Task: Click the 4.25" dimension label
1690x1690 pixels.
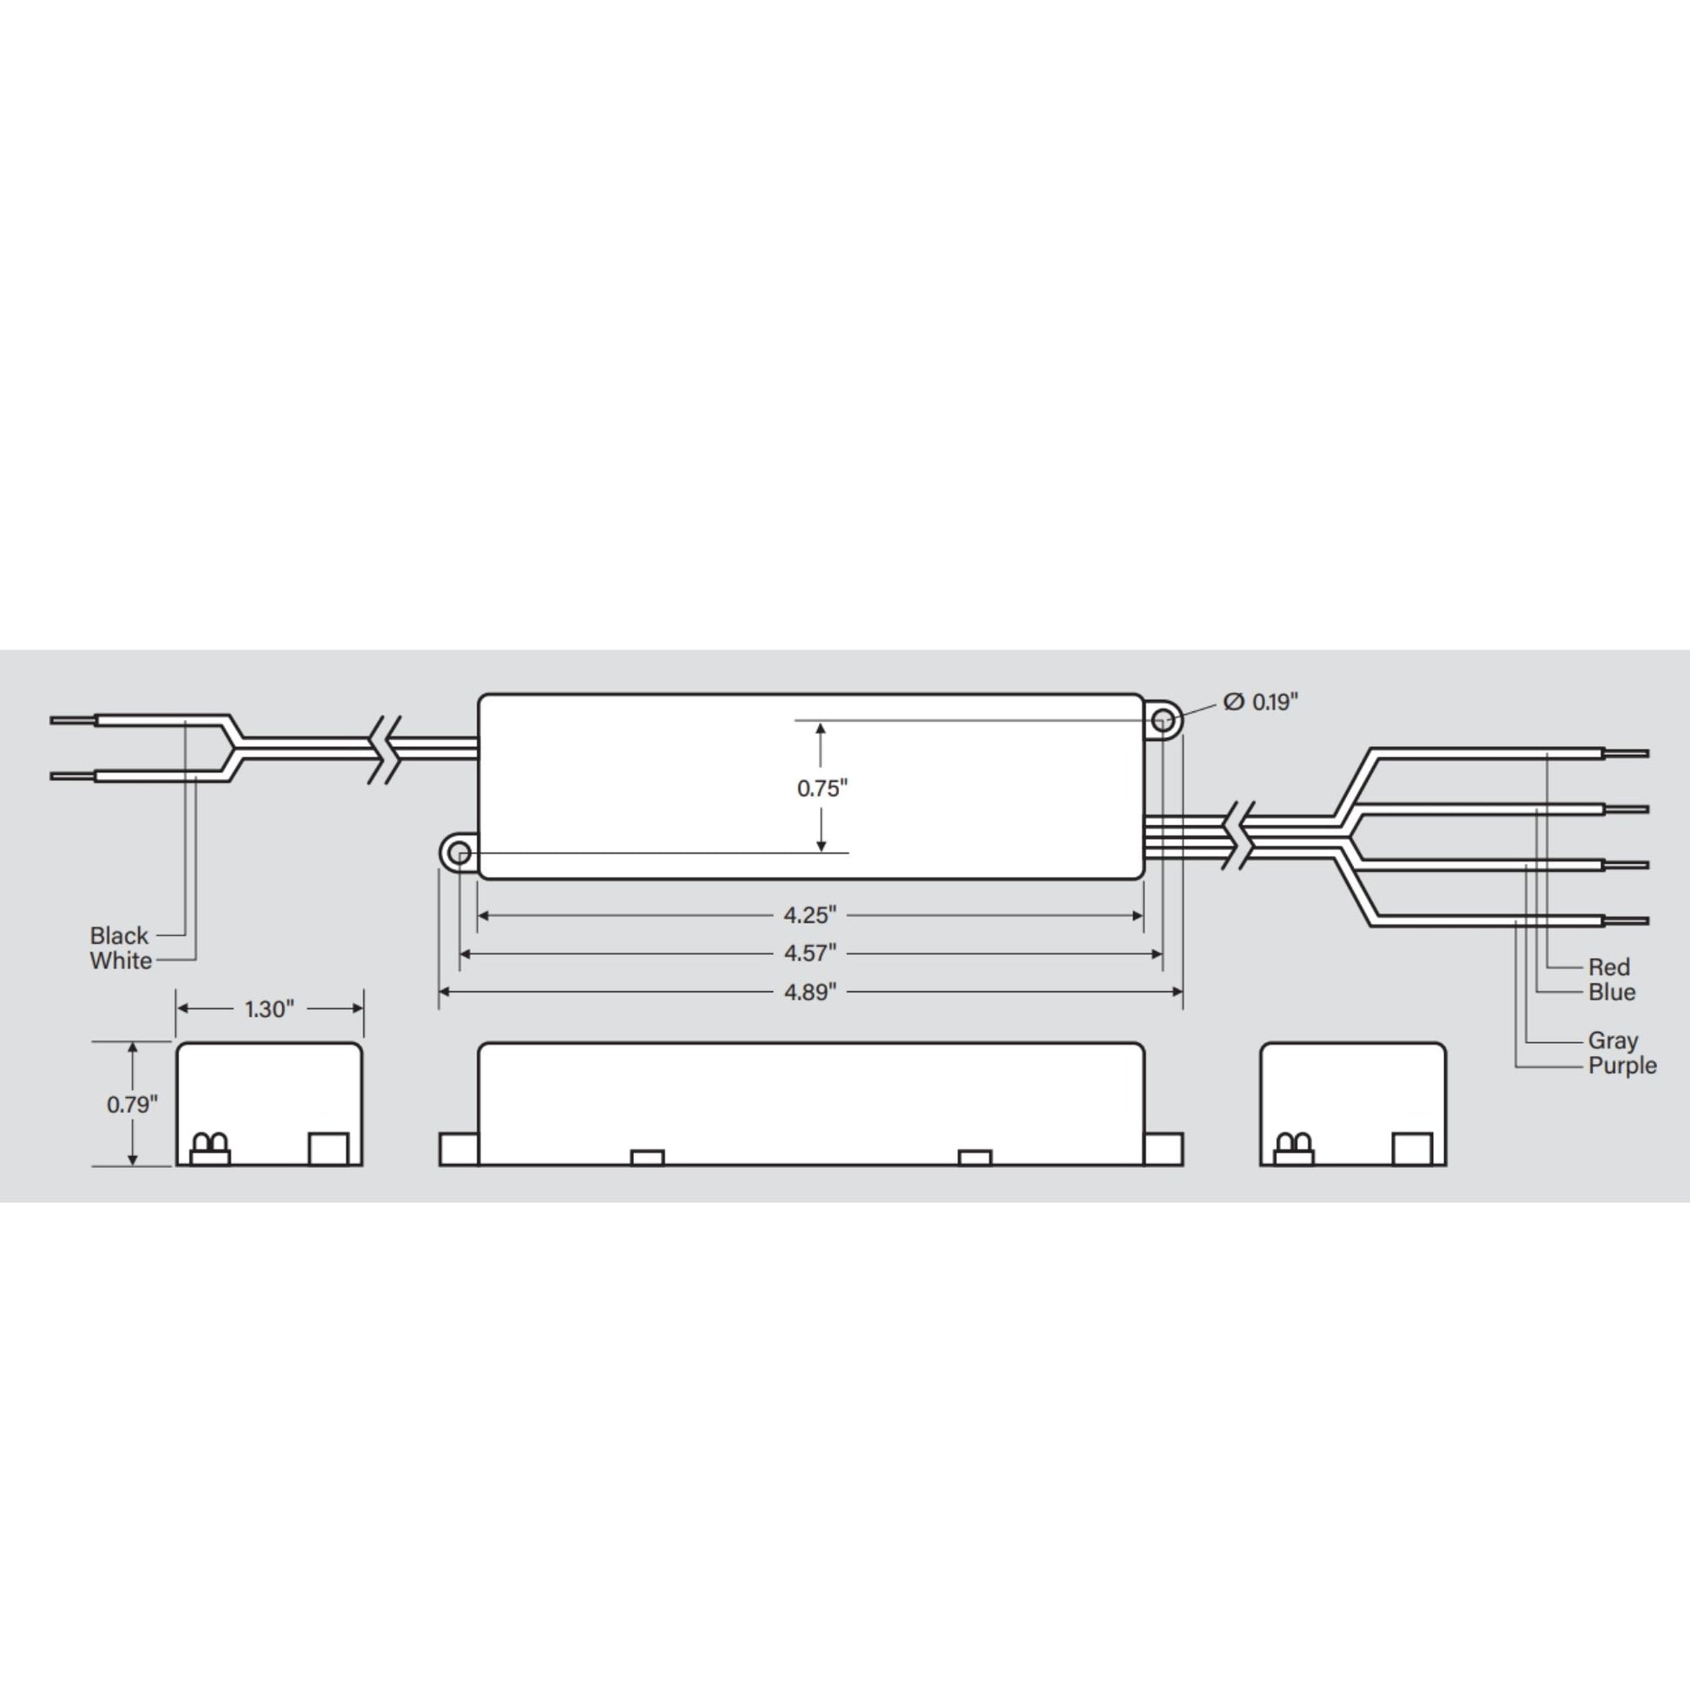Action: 809,915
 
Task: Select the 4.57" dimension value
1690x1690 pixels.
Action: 809,953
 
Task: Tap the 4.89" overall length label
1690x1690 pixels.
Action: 809,991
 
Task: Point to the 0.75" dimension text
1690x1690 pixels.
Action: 822,789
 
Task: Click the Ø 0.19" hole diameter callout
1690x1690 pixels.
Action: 1260,702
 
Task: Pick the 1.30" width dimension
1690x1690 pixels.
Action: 269,1008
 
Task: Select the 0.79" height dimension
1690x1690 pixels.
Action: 132,1104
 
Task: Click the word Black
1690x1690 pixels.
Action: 119,935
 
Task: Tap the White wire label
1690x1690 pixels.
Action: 121,961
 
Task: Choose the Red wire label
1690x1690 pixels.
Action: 1608,967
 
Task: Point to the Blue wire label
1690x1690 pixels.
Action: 1611,992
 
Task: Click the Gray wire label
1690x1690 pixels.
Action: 1612,1040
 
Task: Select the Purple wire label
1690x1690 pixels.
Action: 1621,1066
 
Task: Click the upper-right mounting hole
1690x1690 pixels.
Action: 1163,721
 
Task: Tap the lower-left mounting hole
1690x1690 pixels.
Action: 459,853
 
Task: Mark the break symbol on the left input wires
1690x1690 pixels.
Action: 385,749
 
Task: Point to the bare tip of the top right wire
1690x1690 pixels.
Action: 1626,753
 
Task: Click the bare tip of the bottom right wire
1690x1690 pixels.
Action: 1626,921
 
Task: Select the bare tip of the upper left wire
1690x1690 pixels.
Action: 73,720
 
